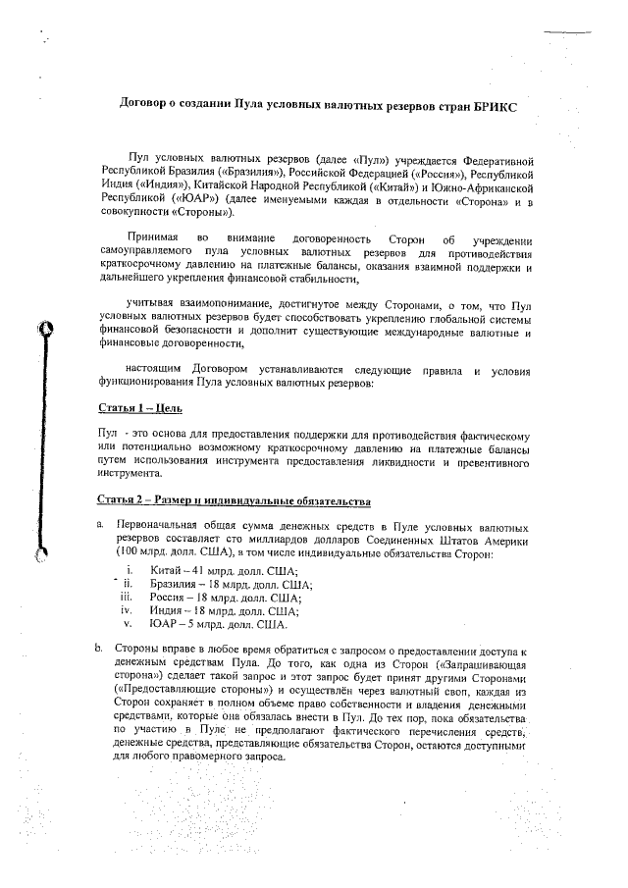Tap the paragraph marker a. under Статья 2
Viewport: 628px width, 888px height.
coord(100,527)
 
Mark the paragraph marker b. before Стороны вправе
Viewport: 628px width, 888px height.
coord(100,649)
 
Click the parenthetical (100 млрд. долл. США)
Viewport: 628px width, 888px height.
coord(154,554)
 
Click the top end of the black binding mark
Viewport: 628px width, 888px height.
coord(41,327)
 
